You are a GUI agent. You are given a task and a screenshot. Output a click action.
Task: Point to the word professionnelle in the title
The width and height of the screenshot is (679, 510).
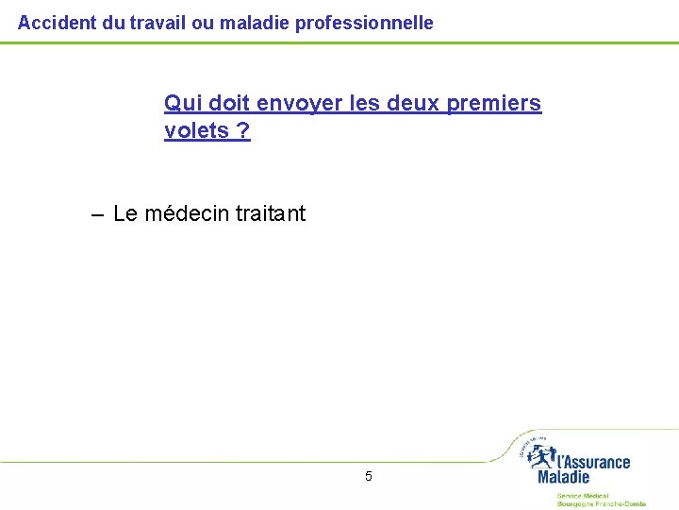click(x=364, y=22)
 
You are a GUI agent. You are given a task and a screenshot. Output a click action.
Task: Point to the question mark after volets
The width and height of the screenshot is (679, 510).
click(x=244, y=131)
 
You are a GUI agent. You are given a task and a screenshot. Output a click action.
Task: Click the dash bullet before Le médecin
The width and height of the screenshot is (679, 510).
click(x=98, y=214)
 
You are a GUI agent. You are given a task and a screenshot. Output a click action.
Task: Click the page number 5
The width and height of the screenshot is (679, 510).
click(x=368, y=476)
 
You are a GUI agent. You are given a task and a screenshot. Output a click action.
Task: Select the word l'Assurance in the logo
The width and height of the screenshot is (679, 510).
click(x=594, y=462)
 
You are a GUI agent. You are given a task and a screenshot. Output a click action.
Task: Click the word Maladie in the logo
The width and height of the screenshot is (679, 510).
click(x=563, y=478)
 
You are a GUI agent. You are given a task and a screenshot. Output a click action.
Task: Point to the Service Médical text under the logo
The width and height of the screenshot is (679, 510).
click(x=582, y=495)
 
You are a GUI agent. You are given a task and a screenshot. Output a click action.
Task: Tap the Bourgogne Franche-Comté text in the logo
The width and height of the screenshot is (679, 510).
click(x=601, y=504)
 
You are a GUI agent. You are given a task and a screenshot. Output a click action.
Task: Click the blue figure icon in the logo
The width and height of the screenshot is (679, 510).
click(x=541, y=455)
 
